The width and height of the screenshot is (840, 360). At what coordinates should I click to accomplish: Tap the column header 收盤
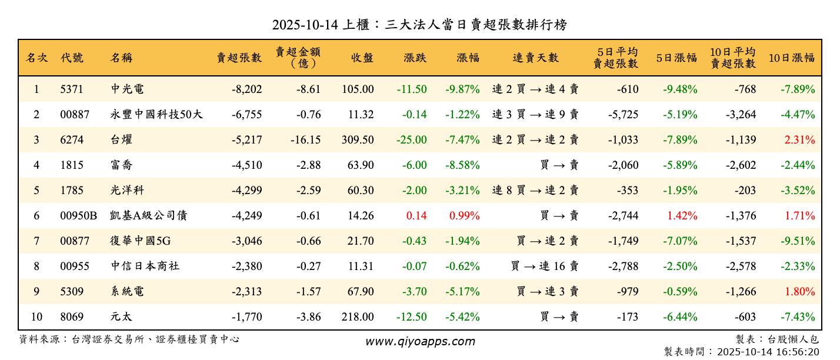[362, 58]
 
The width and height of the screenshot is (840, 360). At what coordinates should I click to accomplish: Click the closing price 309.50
[358, 140]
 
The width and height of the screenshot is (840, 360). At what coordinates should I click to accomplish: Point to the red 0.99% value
[465, 216]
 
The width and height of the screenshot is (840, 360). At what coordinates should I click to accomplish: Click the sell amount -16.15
[306, 140]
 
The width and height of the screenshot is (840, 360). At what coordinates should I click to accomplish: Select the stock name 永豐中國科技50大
[156, 115]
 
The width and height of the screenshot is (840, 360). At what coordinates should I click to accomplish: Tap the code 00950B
[78, 216]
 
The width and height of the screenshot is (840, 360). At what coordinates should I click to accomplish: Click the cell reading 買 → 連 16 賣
[545, 266]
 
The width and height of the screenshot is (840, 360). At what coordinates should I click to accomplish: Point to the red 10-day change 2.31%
[799, 140]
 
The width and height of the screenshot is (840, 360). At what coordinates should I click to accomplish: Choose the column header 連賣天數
[535, 58]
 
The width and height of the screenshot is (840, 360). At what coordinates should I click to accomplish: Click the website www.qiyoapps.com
[420, 341]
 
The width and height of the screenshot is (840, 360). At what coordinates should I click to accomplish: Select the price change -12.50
[412, 317]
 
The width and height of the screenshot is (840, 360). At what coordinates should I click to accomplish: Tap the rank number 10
[36, 317]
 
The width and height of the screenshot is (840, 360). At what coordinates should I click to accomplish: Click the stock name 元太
[121, 317]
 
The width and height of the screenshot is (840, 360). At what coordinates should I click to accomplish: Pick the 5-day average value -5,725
[622, 115]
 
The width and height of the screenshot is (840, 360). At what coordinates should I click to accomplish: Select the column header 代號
[72, 58]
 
